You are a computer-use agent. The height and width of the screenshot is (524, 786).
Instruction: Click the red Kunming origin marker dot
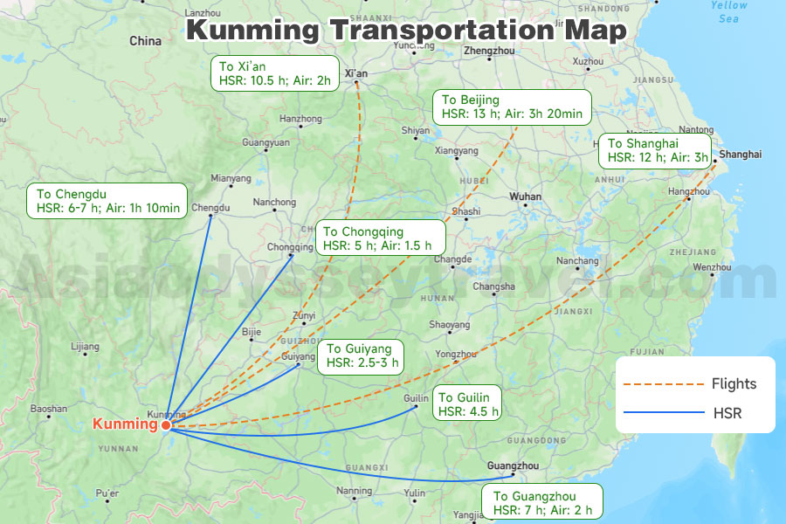(x=166, y=425)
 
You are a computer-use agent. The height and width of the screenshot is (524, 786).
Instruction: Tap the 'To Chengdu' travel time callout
(x=109, y=200)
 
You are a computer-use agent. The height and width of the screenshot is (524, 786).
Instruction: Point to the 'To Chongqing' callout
(x=380, y=238)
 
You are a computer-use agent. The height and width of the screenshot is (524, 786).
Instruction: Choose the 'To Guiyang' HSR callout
(x=361, y=356)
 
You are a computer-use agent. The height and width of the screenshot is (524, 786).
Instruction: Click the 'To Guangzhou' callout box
(x=541, y=503)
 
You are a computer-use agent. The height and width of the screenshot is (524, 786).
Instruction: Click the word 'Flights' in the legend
(x=734, y=383)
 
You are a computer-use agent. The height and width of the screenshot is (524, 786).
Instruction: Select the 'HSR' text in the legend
(x=727, y=412)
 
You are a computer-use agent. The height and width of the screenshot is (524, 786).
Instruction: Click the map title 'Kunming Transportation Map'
(x=407, y=30)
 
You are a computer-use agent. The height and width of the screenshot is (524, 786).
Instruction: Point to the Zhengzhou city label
(x=489, y=51)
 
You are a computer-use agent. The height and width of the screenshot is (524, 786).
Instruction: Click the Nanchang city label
(x=578, y=260)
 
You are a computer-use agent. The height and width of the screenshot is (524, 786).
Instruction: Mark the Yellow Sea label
(x=728, y=11)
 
